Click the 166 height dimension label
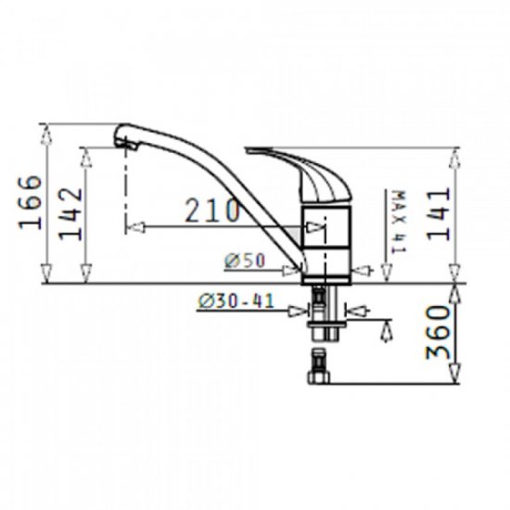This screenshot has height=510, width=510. click(x=31, y=202)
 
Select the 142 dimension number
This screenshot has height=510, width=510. click(x=70, y=213)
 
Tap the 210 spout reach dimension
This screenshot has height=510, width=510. click(x=212, y=210)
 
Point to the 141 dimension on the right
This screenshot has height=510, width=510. click(x=439, y=215)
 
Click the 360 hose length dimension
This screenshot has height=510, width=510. click(x=438, y=332)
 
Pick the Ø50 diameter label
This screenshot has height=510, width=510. click(x=245, y=261)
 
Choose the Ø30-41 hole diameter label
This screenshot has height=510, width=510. click(x=236, y=300)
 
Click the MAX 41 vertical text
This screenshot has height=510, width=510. click(x=400, y=223)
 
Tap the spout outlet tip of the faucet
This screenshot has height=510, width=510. click(x=125, y=146)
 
